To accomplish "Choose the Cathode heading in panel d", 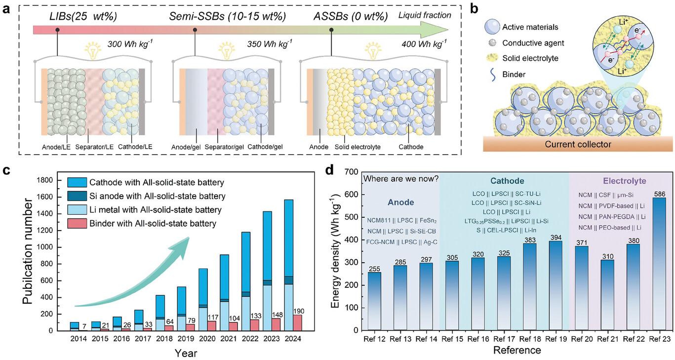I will click(x=505, y=181).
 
